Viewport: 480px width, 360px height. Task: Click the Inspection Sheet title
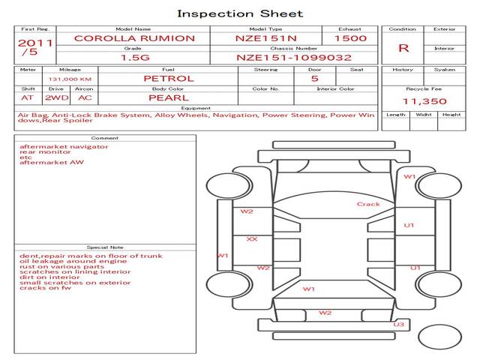240,13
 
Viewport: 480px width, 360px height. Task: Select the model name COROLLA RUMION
134,38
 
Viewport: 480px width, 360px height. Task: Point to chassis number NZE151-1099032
294,58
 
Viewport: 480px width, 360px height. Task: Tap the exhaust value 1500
350,38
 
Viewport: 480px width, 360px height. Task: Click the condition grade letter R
403,48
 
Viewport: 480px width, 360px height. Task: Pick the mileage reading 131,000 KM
70,79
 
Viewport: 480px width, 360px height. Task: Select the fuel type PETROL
169,79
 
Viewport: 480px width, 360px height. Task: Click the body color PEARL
169,98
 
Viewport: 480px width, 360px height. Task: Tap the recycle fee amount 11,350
424,101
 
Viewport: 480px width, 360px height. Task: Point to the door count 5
315,79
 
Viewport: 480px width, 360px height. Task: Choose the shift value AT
27,98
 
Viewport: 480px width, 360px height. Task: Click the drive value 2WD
57,98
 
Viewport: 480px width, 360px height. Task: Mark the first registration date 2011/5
35,47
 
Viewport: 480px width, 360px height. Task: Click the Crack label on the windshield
368,204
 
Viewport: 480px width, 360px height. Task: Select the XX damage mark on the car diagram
252,238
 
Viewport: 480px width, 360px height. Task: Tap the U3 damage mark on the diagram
398,325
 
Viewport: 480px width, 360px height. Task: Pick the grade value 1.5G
135,58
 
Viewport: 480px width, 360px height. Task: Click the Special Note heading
105,247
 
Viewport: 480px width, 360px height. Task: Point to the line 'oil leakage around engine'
73,262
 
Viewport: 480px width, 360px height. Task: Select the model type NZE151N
266,38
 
